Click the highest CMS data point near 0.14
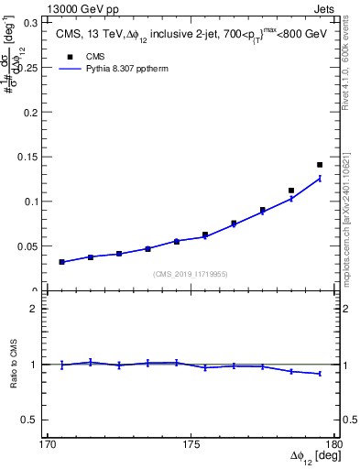320,165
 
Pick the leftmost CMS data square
61,262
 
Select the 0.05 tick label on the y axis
30,246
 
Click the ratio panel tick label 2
38,309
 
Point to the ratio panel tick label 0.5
33,420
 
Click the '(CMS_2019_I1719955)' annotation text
191,273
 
